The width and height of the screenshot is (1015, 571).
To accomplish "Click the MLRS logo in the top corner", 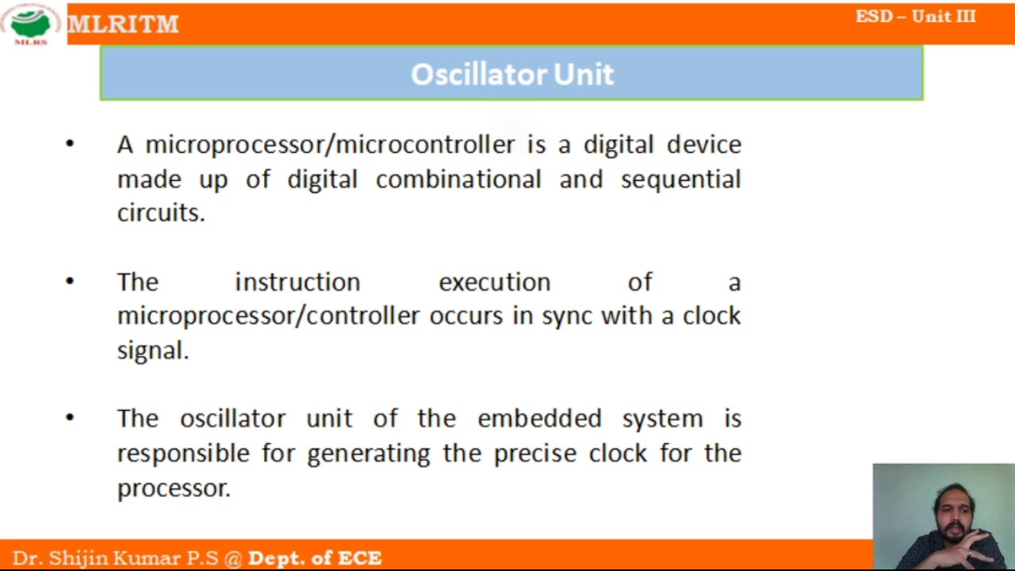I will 31,24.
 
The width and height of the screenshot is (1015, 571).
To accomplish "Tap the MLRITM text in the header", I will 123,25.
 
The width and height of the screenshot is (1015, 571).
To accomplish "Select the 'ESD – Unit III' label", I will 915,17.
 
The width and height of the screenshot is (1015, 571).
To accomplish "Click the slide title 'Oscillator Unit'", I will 511,74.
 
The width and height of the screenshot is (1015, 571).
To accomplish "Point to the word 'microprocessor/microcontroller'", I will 330,144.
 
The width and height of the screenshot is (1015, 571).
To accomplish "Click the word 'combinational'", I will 458,179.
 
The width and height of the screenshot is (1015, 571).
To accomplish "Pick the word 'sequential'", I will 680,179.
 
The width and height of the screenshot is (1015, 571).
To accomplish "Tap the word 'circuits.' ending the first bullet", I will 161,213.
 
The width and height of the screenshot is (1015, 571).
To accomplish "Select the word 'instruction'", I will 297,282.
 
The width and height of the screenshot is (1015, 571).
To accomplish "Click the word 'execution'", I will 494,282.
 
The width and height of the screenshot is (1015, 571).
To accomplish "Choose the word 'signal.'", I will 153,351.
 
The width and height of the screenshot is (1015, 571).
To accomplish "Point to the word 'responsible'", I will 183,453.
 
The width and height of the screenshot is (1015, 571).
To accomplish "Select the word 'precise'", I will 536,453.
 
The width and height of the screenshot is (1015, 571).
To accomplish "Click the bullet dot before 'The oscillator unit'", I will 70,417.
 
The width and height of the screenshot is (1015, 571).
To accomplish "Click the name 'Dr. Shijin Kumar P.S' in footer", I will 115,558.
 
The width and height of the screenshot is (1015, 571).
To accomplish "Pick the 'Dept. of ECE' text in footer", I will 315,558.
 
